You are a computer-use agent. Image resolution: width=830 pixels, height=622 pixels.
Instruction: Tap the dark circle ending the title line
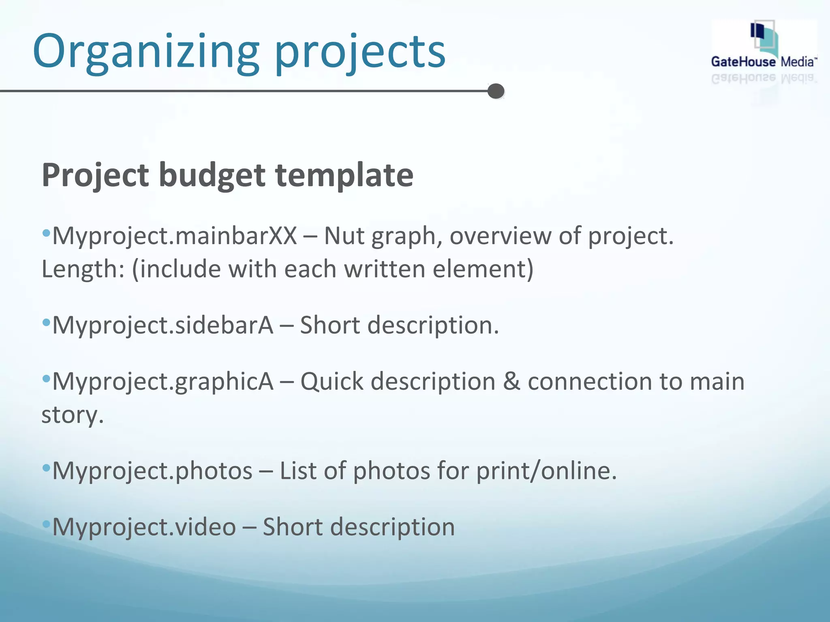pos(496,91)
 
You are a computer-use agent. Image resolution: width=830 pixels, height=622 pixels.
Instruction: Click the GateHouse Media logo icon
pos(764,38)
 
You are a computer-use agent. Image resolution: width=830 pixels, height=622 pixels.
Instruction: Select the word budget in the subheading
pos(212,175)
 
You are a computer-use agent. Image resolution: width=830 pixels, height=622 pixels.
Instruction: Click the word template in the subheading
pos(344,175)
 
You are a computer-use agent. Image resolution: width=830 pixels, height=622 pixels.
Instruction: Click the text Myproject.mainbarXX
pos(175,236)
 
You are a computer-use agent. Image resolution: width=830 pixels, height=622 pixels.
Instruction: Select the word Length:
pos(83,269)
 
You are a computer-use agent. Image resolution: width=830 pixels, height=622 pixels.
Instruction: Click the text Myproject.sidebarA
pos(163,325)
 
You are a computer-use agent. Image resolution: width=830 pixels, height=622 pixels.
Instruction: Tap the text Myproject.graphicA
pos(163,382)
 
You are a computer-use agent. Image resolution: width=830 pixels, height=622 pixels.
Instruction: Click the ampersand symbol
pos(511,382)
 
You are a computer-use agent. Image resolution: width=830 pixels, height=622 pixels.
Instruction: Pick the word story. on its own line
pos(73,415)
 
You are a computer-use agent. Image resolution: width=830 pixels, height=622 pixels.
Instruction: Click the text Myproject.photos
pos(152,471)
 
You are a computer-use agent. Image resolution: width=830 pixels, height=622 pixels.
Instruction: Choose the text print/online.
pos(546,471)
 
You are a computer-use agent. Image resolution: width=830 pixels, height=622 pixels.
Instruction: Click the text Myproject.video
pos(144,527)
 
